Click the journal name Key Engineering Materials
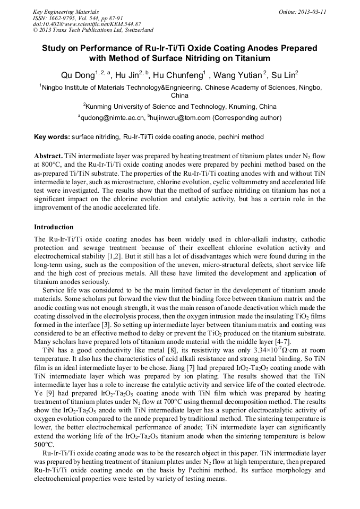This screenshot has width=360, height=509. pos(65,11)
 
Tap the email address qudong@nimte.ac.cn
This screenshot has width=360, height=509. pos(113,117)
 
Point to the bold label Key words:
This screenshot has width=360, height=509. pos(52,137)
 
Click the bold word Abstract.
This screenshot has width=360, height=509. pos(48,158)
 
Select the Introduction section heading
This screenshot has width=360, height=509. pos(54,227)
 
